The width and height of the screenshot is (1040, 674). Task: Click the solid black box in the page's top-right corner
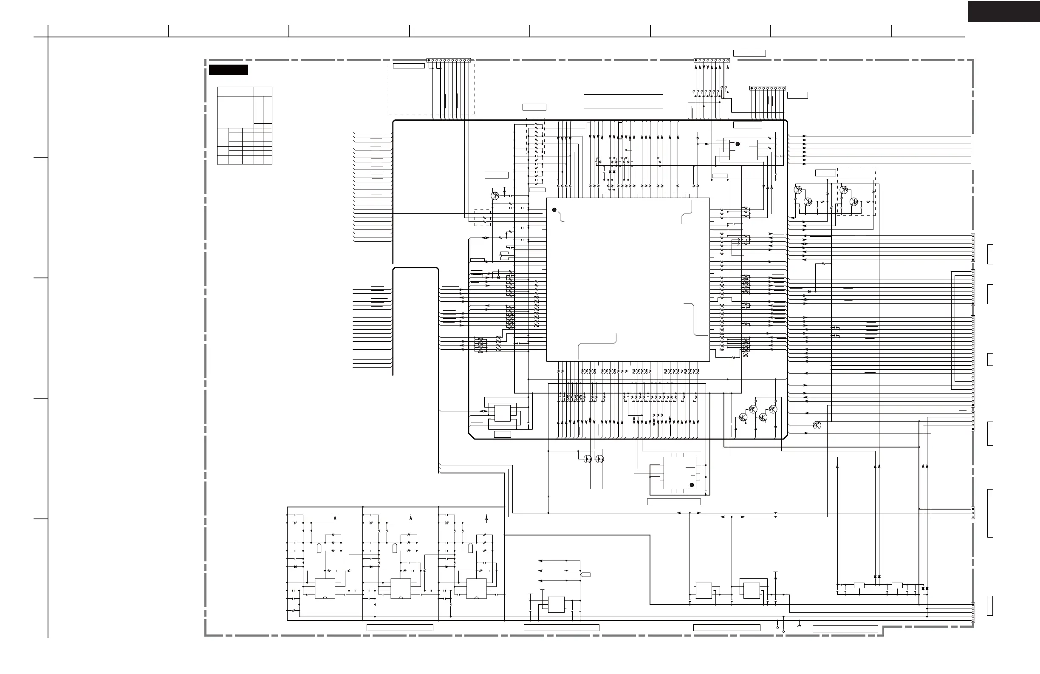click(x=1003, y=11)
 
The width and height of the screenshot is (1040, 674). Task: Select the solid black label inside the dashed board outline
click(x=228, y=70)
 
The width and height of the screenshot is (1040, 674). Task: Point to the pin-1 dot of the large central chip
click(x=554, y=210)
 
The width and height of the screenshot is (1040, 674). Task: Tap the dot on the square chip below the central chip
click(x=692, y=485)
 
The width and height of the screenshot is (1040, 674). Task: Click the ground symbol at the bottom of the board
click(x=799, y=626)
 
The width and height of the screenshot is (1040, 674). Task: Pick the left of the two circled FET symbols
click(x=588, y=459)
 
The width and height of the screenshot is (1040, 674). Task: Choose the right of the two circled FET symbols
click(x=600, y=459)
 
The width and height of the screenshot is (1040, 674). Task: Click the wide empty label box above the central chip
click(x=623, y=101)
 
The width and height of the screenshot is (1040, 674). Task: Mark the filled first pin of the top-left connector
click(x=429, y=60)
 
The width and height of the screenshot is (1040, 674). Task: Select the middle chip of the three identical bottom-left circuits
click(x=400, y=588)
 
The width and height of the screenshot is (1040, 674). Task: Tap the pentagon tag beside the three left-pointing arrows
click(x=585, y=574)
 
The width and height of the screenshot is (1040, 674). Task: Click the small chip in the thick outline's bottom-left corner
click(x=502, y=413)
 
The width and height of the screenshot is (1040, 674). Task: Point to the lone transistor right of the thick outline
click(x=817, y=425)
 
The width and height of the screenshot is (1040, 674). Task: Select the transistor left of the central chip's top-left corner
click(x=495, y=196)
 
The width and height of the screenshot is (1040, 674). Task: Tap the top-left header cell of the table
click(x=235, y=91)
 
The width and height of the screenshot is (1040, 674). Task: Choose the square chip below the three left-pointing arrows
click(x=556, y=604)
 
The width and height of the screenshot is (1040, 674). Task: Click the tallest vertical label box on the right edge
click(x=990, y=513)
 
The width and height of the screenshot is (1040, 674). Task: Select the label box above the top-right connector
click(x=749, y=53)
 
